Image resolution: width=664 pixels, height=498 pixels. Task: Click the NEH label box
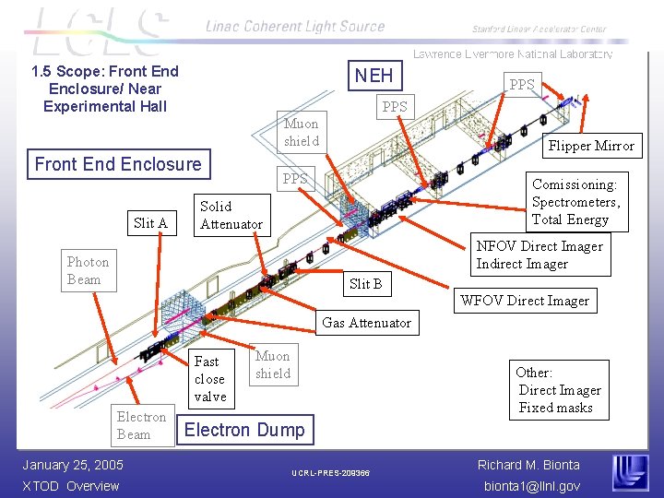[373, 76]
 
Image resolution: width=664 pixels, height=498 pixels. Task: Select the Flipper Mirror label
[591, 146]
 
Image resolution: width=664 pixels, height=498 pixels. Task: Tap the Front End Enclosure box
[117, 164]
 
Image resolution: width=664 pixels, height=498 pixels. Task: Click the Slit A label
[150, 222]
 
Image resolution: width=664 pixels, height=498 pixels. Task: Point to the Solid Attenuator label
[231, 215]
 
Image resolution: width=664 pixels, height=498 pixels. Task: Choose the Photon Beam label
[88, 270]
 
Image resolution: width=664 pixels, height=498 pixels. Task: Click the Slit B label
[365, 283]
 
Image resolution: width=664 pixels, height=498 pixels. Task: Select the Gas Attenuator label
[366, 323]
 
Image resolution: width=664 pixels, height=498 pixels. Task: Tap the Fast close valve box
[210, 379]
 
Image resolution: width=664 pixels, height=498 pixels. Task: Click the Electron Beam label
[141, 425]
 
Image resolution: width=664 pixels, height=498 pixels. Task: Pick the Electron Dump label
[244, 430]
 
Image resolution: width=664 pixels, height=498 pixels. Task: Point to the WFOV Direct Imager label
[524, 301]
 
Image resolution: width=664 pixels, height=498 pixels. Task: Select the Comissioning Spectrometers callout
[576, 202]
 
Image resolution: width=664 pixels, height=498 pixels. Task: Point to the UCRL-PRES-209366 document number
[330, 473]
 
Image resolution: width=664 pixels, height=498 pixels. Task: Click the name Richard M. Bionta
[528, 465]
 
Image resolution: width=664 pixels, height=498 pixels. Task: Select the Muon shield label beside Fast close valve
[273, 364]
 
